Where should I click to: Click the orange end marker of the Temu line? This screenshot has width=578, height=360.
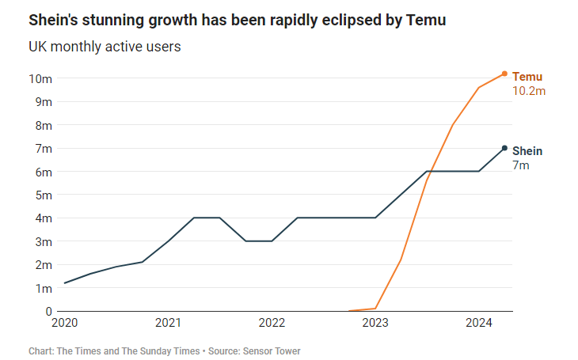[504, 74]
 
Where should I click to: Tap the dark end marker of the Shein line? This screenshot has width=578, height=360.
[504, 148]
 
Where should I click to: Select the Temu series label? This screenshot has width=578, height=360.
[527, 77]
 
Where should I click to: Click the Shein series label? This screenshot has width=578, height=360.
[527, 151]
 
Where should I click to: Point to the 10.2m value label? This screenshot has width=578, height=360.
[529, 91]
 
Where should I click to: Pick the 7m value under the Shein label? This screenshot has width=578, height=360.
[521, 165]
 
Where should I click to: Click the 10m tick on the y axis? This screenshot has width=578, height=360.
[40, 79]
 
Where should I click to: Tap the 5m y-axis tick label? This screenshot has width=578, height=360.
[43, 195]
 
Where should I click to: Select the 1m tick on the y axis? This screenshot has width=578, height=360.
[43, 288]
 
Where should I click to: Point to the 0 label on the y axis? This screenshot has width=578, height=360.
[48, 311]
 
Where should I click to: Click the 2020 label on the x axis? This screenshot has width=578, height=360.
[65, 323]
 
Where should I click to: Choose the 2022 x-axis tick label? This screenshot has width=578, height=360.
[272, 323]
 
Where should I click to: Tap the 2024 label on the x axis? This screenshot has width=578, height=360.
[479, 323]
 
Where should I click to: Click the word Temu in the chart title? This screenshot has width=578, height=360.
[428, 20]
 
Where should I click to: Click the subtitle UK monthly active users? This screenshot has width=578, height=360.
[105, 47]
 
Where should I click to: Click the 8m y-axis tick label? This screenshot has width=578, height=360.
[43, 126]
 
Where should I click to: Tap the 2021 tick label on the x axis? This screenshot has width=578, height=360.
[169, 323]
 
